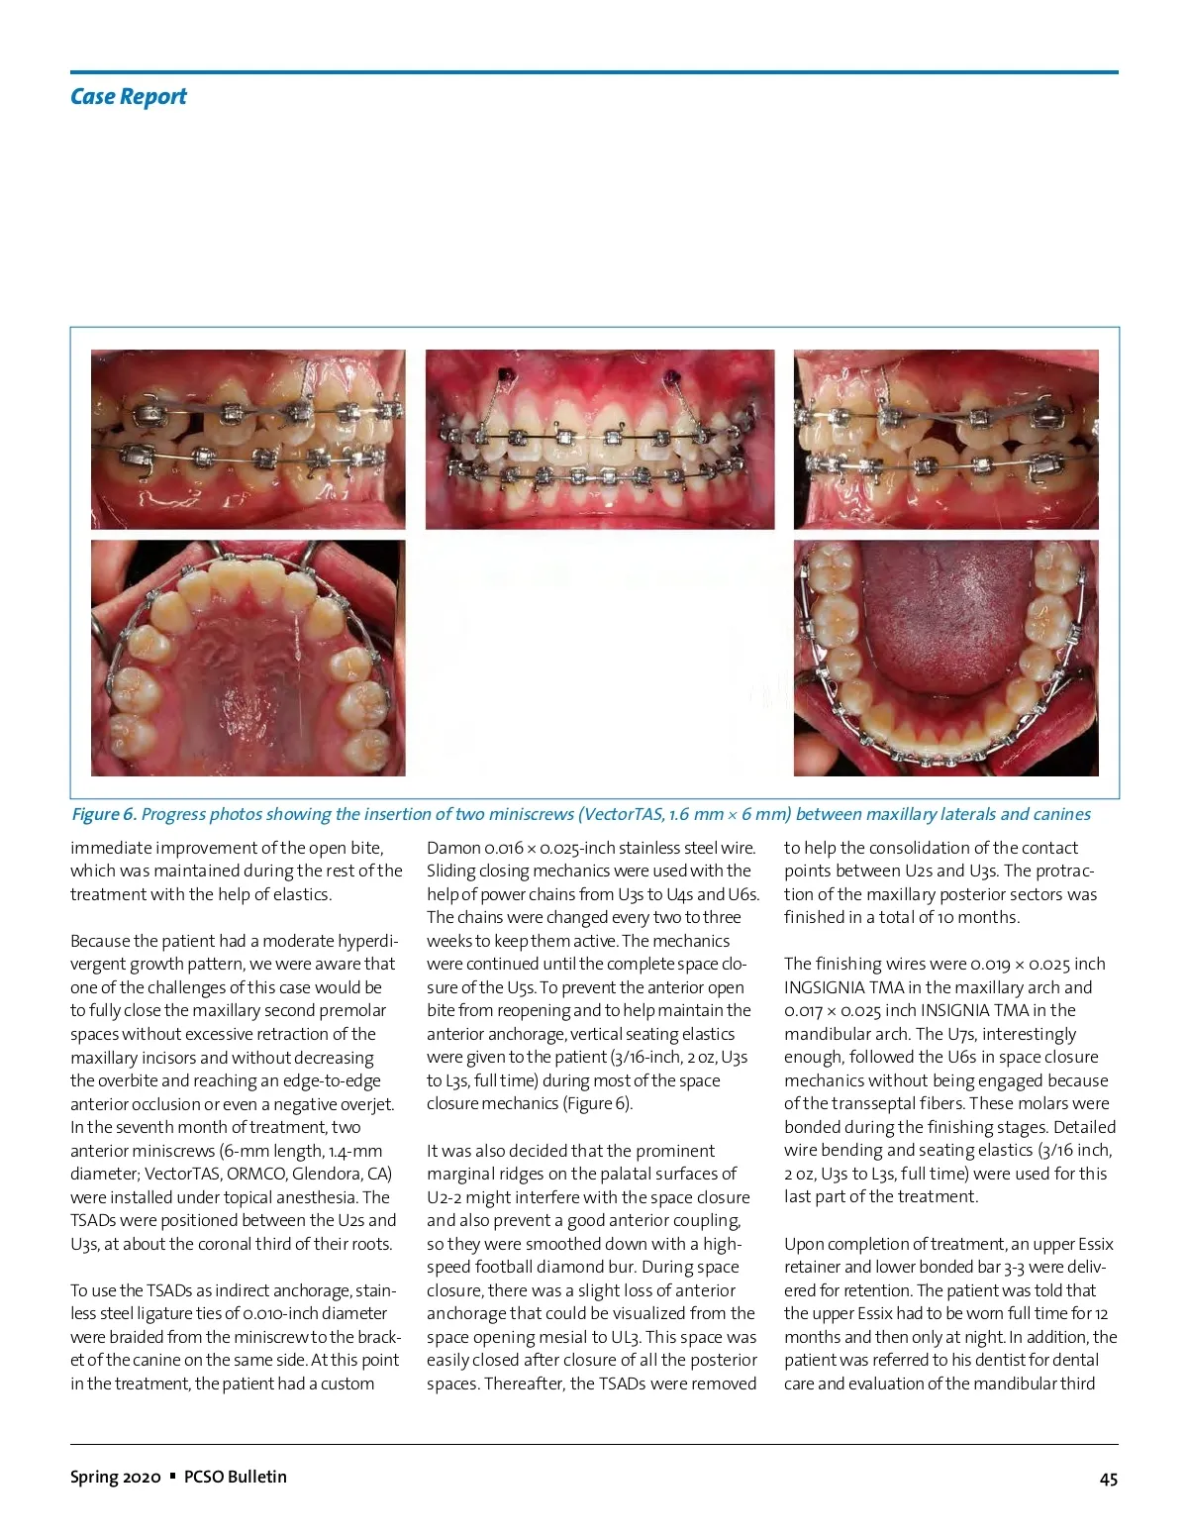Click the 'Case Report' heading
(128, 97)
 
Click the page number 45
(1108, 1479)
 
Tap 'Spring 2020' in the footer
(115, 1477)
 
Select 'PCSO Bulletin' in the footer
(236, 1477)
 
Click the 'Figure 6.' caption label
(103, 814)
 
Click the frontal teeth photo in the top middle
(600, 439)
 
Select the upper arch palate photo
(247, 658)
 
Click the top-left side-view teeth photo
(247, 439)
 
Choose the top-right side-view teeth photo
(945, 439)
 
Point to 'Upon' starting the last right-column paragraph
(805, 1244)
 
